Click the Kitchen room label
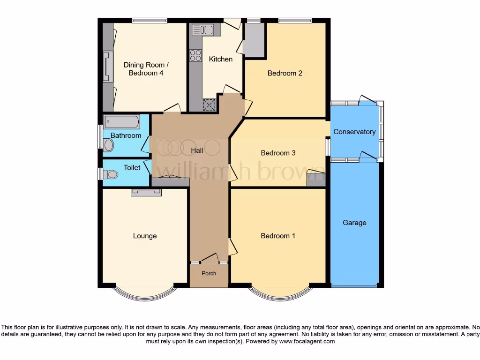click(x=220, y=59)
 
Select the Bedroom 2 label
click(x=285, y=73)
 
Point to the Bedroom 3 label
click(x=278, y=153)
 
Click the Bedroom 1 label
click(x=278, y=236)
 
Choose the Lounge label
click(x=144, y=236)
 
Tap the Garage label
click(x=354, y=223)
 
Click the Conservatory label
click(x=354, y=132)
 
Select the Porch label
click(x=209, y=273)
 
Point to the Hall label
click(x=197, y=150)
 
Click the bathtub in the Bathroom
click(x=121, y=122)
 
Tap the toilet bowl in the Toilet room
click(x=111, y=174)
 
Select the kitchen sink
click(x=202, y=30)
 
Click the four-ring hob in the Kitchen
click(x=195, y=55)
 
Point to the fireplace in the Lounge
click(x=146, y=192)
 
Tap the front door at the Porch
click(x=210, y=259)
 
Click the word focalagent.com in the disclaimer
click(x=307, y=342)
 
